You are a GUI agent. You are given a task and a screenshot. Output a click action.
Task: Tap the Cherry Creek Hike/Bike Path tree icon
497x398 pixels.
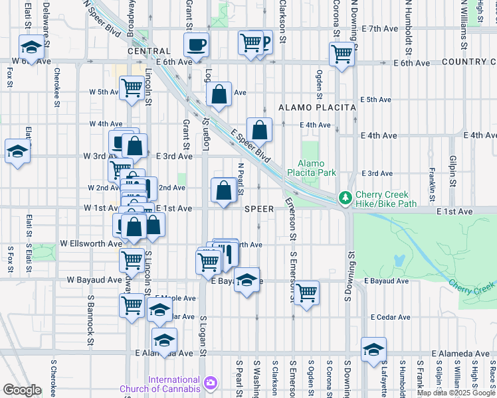345,198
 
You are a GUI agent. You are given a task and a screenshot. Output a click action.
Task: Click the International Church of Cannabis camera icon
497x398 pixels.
211,383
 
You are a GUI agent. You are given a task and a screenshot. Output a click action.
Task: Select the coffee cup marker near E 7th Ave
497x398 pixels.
196,45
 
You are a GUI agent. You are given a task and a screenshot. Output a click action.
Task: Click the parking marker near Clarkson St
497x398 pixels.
264,43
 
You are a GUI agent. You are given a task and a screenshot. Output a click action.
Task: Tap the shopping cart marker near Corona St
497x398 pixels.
342,54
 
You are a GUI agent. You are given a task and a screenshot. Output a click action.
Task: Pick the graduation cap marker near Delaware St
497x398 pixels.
31,47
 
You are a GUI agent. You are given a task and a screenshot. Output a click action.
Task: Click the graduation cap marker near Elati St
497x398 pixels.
17,151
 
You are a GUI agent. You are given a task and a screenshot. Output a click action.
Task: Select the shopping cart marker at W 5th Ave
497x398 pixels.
132,88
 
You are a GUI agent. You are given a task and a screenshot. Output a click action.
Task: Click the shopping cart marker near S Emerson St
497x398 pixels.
306,292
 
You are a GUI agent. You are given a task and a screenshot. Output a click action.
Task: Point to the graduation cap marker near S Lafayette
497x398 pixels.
374,349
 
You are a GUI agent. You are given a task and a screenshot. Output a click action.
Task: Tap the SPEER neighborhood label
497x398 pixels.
259,208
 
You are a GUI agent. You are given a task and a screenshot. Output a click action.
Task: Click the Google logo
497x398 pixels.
22,389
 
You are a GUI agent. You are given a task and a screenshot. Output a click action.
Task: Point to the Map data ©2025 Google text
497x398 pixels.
456,393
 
